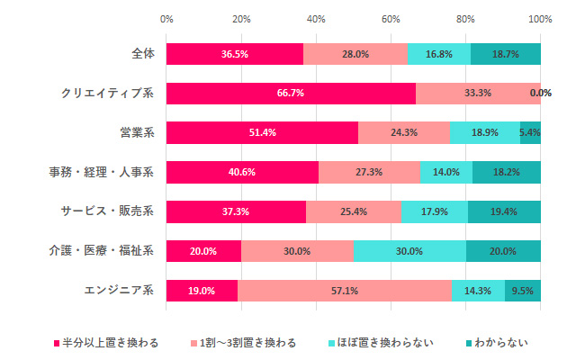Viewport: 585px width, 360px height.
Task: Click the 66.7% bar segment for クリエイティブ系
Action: coord(291,93)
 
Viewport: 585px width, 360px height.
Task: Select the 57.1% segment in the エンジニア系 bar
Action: coord(344,290)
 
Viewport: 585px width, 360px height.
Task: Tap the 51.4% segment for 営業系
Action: coord(262,132)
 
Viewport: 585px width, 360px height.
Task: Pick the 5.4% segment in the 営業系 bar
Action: coord(530,132)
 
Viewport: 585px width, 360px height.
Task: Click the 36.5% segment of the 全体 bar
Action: coord(234,54)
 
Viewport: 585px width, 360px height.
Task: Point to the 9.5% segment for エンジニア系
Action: coord(523,290)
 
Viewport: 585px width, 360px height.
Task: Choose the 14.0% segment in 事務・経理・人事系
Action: coord(446,172)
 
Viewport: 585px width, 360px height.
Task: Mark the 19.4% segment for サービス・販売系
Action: coord(504,211)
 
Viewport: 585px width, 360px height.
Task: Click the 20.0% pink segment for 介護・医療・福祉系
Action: coord(203,251)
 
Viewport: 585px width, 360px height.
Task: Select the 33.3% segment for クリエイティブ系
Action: coord(478,93)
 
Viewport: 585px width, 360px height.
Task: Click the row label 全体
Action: coord(142,54)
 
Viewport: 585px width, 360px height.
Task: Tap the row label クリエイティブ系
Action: coord(107,93)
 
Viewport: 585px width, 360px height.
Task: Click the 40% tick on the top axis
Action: coord(316,18)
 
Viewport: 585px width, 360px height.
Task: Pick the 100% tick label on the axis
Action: coord(540,18)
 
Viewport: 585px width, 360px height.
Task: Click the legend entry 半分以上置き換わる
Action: coord(107,343)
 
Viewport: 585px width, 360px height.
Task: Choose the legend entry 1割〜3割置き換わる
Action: coord(244,343)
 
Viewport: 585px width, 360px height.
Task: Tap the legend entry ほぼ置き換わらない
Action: coord(382,343)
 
